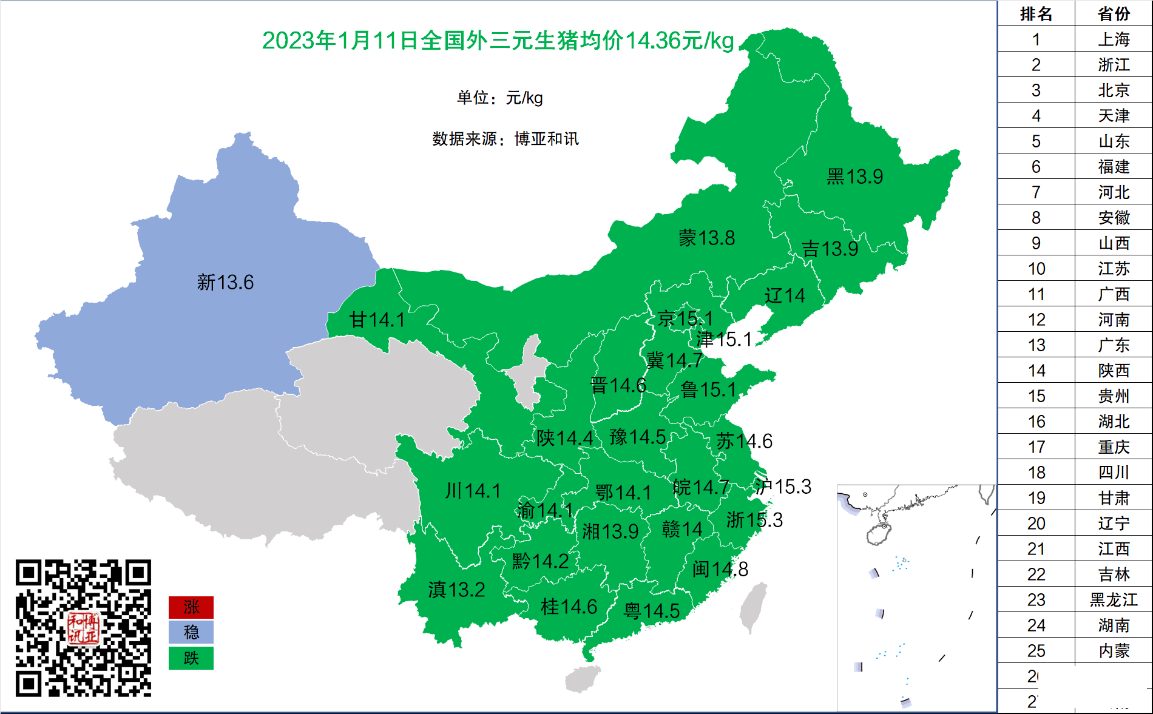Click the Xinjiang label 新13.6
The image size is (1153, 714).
[225, 282]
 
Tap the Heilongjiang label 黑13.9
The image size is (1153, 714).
[854, 177]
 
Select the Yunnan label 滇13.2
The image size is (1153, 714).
[456, 589]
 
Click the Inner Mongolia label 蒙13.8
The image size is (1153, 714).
[706, 238]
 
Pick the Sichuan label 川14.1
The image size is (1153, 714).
[473, 490]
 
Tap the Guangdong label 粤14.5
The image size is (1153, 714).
[651, 611]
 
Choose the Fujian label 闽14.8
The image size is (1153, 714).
[720, 569]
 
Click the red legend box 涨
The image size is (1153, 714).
[191, 607]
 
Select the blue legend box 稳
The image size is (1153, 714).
[191, 633]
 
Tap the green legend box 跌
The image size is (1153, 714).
[191, 658]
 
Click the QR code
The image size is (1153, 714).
[83, 628]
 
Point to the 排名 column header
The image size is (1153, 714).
[1036, 13]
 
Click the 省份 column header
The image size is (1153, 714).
[1114, 13]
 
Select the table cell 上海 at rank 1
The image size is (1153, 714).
[1114, 39]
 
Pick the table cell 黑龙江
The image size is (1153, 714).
[1114, 600]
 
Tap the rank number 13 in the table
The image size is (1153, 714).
[1036, 345]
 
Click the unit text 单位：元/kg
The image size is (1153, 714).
[499, 98]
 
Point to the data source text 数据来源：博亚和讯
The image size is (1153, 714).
[505, 139]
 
